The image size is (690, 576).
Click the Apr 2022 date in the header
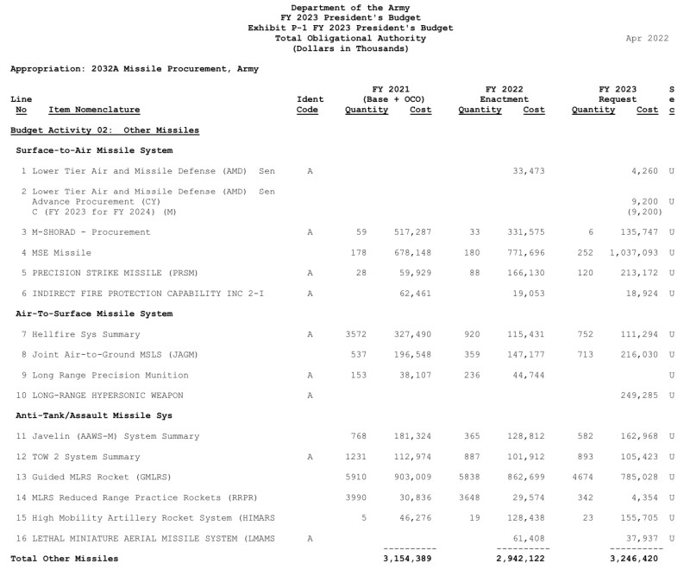(x=647, y=38)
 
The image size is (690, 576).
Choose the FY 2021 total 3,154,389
(x=409, y=559)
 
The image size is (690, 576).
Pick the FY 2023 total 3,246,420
(x=635, y=559)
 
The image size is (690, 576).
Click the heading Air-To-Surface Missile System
(x=94, y=313)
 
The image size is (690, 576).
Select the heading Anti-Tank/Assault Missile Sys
(x=94, y=415)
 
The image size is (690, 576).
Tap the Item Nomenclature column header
(x=94, y=110)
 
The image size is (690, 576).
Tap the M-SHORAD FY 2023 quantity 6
(x=591, y=232)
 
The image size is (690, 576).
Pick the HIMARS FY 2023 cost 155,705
(x=639, y=518)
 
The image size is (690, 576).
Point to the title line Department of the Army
(x=350, y=8)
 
